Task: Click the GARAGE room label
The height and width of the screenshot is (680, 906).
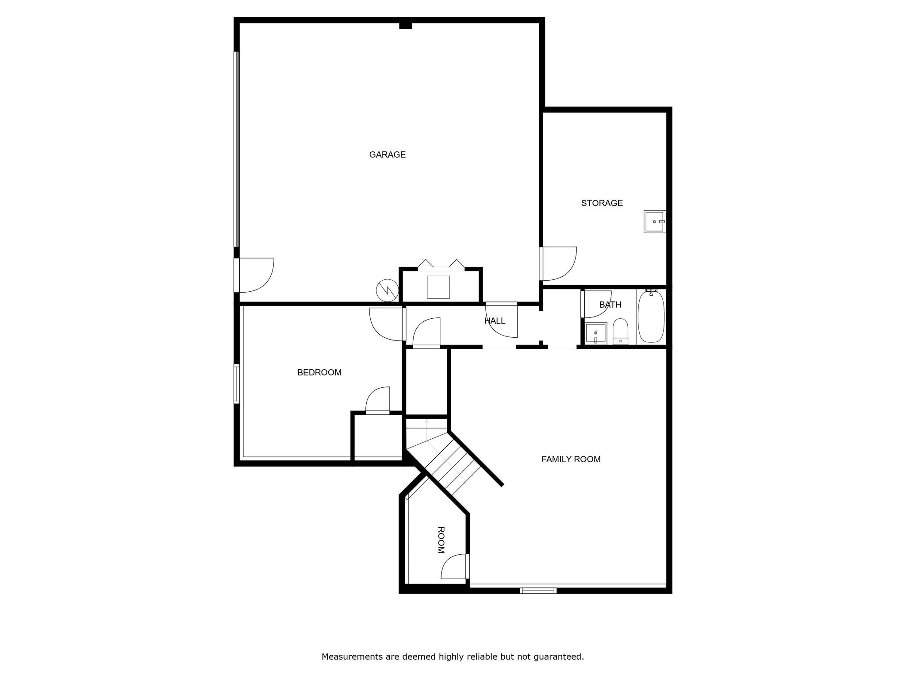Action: coord(387,155)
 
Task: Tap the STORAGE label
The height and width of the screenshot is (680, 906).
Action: coord(602,203)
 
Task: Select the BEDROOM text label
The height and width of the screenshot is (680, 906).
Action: coord(319,373)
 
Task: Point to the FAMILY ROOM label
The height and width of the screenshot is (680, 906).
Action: coord(571,460)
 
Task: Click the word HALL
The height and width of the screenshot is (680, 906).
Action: coord(495,321)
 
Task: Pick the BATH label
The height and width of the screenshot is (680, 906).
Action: coord(610,305)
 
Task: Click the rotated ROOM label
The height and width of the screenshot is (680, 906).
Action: coord(441,540)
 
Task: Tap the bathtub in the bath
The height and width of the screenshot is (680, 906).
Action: coord(651,316)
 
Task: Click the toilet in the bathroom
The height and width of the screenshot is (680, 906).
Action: coord(620,331)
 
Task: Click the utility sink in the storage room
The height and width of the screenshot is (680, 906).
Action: coord(654,221)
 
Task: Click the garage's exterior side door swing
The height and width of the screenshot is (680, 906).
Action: coord(256,275)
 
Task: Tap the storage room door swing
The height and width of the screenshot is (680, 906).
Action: coord(559,264)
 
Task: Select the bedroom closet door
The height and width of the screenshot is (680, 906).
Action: coord(378,401)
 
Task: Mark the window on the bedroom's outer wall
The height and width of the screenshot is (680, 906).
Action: coord(237,384)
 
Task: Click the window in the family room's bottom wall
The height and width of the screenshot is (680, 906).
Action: coord(538,590)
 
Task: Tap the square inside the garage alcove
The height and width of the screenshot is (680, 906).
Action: coord(438,287)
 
